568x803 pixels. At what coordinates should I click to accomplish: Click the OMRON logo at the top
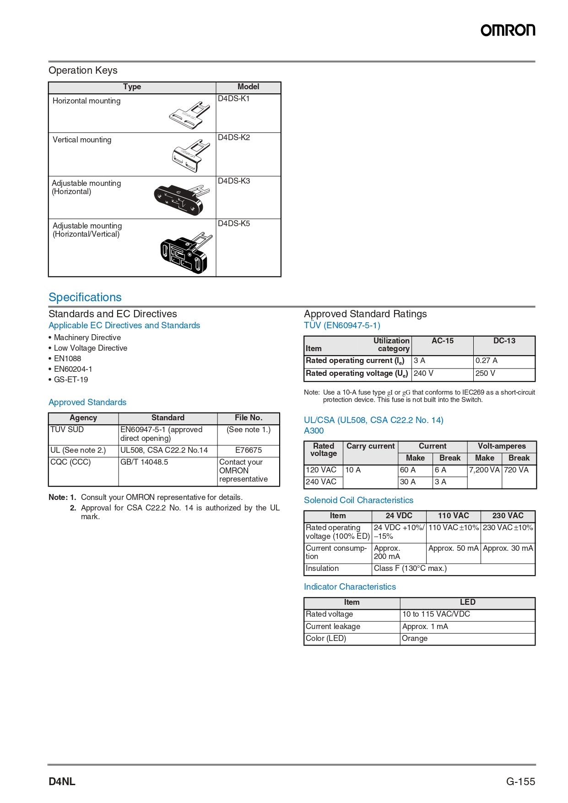pyautogui.click(x=508, y=30)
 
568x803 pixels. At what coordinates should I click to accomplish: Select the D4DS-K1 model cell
pyautogui.click(x=234, y=99)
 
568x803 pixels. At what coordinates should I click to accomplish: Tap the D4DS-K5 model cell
pyautogui.click(x=234, y=224)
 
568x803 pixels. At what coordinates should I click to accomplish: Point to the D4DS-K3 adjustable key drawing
pyautogui.click(x=180, y=199)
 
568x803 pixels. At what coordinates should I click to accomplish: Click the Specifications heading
pyautogui.click(x=85, y=298)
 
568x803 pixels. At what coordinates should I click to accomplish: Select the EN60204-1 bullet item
pyautogui.click(x=73, y=369)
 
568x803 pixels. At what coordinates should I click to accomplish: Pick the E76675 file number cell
pyautogui.click(x=249, y=450)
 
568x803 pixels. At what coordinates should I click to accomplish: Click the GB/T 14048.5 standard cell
pyautogui.click(x=144, y=462)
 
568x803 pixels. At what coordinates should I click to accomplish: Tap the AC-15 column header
pyautogui.click(x=443, y=341)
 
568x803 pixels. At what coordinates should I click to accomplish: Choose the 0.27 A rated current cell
pyautogui.click(x=486, y=361)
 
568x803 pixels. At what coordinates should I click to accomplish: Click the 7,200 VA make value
pyautogui.click(x=484, y=470)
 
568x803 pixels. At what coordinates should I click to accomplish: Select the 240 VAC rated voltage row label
pyautogui.click(x=321, y=482)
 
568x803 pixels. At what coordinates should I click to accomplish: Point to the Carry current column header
pyautogui.click(x=370, y=446)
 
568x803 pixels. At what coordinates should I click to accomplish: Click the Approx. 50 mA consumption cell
pyautogui.click(x=453, y=548)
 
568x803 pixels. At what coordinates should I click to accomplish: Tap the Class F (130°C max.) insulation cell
pyautogui.click(x=410, y=569)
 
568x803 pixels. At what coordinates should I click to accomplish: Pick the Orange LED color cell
pyautogui.click(x=415, y=639)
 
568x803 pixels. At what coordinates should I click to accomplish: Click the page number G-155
pyautogui.click(x=520, y=782)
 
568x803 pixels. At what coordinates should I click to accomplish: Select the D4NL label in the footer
pyautogui.click(x=62, y=782)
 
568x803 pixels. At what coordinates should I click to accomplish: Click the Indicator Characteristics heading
pyautogui.click(x=350, y=587)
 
